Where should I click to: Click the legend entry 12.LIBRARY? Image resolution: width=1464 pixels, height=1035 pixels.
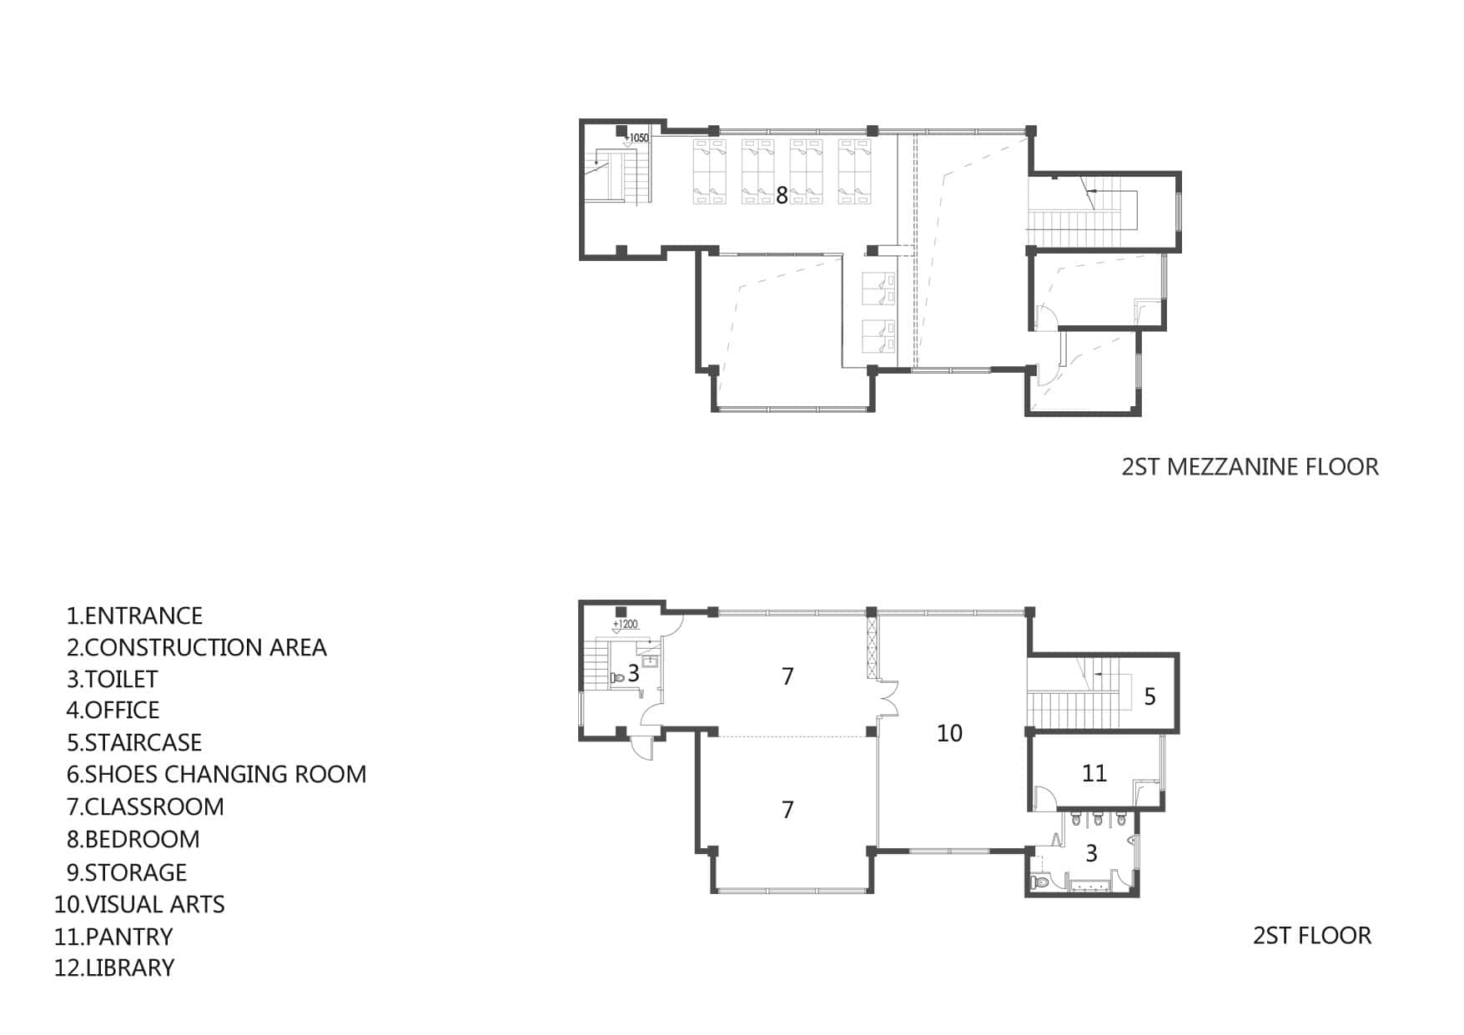(x=114, y=968)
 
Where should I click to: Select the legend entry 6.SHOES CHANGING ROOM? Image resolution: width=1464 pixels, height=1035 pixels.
(x=217, y=775)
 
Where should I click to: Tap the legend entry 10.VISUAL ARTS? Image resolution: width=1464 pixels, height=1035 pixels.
(x=139, y=905)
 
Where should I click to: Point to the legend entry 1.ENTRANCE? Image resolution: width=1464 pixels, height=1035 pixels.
(x=134, y=616)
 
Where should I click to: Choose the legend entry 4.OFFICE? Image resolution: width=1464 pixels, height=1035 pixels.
(x=113, y=711)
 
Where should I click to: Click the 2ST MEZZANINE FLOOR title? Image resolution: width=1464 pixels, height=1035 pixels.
(x=1250, y=467)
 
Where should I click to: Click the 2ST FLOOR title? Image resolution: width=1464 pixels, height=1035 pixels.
(x=1311, y=936)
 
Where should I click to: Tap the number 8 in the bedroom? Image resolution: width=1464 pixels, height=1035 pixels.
(x=782, y=195)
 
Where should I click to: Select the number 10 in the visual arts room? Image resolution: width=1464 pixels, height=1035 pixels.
(x=949, y=733)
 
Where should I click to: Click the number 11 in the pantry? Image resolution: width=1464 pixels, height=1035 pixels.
(x=1094, y=773)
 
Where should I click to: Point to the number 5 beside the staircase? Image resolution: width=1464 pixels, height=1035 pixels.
(x=1150, y=696)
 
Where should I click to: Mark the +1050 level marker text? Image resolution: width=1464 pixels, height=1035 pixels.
(x=636, y=138)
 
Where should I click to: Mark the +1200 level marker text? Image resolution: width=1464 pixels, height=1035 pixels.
(x=626, y=624)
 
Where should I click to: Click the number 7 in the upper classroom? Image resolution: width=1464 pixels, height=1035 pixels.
(x=787, y=676)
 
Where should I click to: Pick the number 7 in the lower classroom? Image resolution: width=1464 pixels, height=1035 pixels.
(x=787, y=810)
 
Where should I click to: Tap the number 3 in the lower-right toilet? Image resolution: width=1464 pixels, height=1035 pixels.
(x=1091, y=853)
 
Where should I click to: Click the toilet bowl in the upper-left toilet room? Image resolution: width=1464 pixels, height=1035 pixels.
(x=617, y=678)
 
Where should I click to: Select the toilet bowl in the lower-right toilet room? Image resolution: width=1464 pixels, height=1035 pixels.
(x=1040, y=882)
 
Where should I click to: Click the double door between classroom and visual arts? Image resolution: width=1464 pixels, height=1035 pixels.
(x=887, y=699)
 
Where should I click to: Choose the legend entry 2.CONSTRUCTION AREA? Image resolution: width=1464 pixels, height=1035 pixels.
(x=197, y=648)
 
